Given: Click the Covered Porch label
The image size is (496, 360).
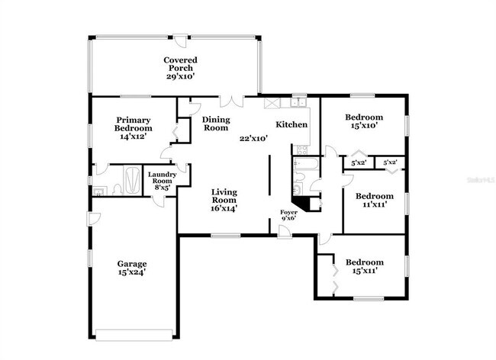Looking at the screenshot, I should coord(180,68).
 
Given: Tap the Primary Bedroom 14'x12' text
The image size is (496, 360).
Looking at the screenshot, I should coord(134,124).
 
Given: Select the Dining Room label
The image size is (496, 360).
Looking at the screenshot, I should coord(215,124).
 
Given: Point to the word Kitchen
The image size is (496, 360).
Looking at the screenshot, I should coord(291,124).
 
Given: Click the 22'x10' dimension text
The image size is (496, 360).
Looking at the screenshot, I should coord(253,139).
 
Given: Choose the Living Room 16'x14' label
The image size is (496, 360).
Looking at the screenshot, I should coord(224,199).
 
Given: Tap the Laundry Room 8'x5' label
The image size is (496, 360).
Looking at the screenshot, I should coord(162,180).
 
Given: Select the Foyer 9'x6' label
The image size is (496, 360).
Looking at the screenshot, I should coord(288,215).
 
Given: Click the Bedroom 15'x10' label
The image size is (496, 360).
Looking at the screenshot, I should coord(363,122).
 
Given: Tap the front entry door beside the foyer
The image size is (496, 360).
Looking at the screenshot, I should coord(284,230).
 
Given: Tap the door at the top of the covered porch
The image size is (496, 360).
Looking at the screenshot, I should coord(178,38).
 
